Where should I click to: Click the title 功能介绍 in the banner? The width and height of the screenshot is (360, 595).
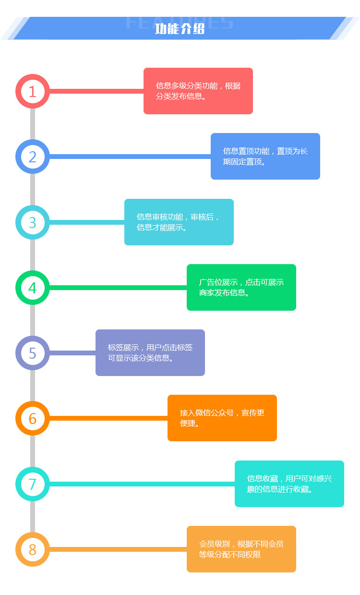coord(180,29)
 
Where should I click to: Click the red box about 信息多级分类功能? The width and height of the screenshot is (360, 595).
coord(198,91)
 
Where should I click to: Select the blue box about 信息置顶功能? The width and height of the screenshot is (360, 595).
coord(265,156)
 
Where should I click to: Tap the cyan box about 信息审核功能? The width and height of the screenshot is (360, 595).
coord(179,222)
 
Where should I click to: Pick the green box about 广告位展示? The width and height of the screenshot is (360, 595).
coord(241,287)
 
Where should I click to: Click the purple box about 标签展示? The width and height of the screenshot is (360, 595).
coord(150,353)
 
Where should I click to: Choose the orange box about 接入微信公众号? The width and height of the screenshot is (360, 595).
coord(222,418)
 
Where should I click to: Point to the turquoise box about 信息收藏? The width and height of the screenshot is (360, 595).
coord(289,484)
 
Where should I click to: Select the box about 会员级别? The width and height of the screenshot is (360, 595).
coord(241,549)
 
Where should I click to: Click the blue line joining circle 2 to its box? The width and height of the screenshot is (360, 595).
coord(130,157)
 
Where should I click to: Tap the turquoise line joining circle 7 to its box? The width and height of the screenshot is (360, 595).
coord(142,484)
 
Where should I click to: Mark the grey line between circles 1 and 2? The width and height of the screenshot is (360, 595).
coord(32,124)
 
